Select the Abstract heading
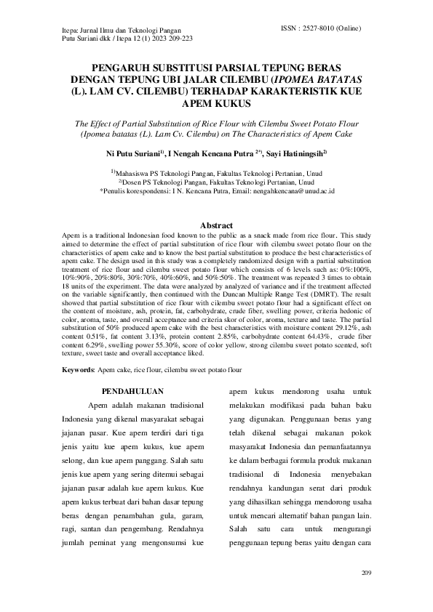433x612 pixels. [x=216, y=226]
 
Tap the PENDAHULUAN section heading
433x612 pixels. [x=132, y=391]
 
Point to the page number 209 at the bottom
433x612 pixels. [x=366, y=573]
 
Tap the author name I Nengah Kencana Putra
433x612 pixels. [x=215, y=153]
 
